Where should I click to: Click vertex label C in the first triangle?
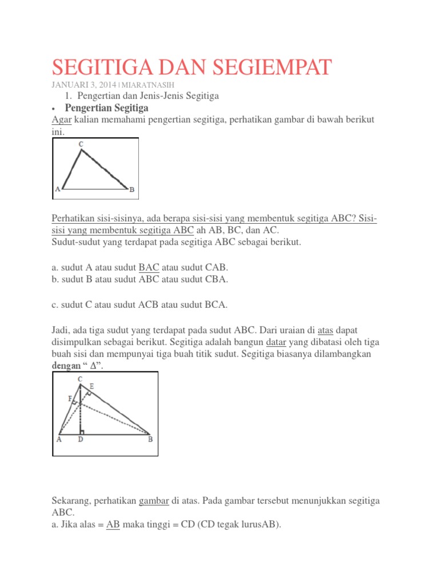[81, 145]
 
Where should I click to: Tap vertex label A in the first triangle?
[57, 189]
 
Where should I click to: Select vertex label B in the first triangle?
[131, 189]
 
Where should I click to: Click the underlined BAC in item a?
[150, 267]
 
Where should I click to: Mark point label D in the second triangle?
[80, 439]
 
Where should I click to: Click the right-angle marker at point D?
[83, 431]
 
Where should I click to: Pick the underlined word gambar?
[154, 500]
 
